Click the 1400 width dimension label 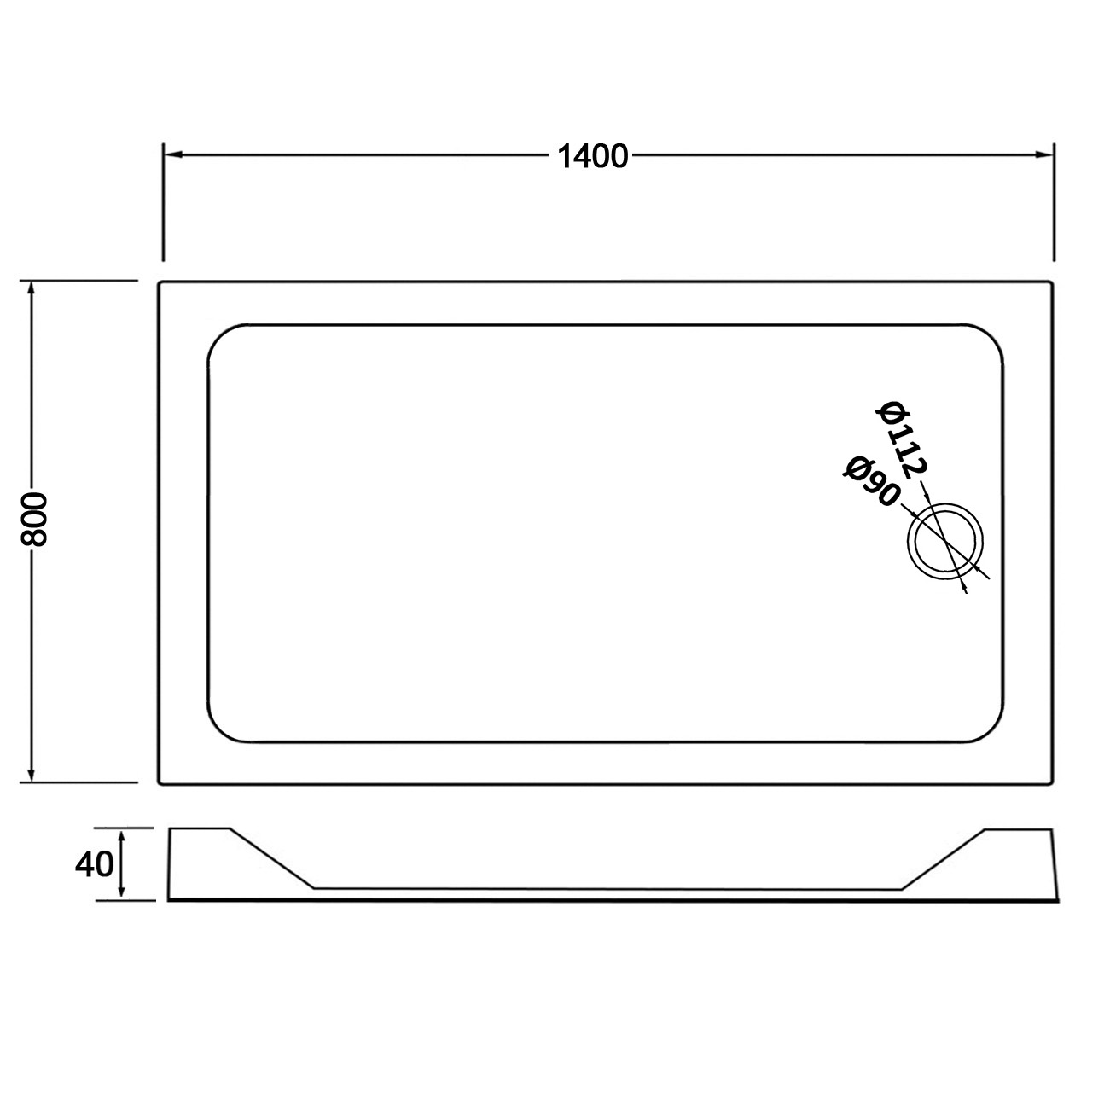tap(593, 156)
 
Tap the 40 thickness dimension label tap(95, 864)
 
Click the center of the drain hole tap(945, 541)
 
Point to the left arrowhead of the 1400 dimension tap(173, 154)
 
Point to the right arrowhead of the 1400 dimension tap(1043, 154)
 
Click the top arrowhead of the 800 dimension tap(31, 290)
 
